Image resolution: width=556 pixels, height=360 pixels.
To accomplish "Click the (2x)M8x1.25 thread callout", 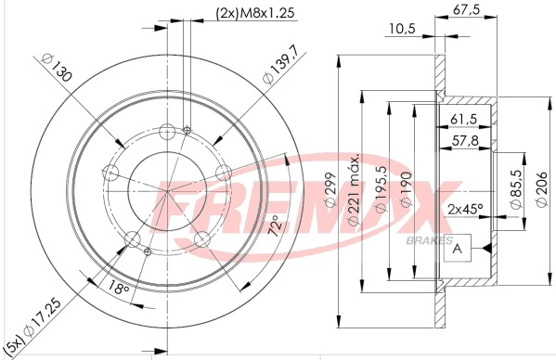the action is [x=255, y=13].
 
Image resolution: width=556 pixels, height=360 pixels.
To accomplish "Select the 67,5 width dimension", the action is [x=466, y=9].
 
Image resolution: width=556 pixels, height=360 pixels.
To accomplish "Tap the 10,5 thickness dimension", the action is [x=402, y=29].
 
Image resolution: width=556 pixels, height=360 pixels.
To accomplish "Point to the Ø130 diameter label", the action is [x=57, y=68].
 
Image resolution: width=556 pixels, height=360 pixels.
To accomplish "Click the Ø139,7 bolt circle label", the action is [x=280, y=66].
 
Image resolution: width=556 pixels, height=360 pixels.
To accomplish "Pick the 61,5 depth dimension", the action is [x=464, y=120].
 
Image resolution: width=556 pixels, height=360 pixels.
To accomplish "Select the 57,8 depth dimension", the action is [x=465, y=141].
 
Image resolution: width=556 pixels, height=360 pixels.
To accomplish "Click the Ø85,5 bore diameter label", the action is [x=516, y=188].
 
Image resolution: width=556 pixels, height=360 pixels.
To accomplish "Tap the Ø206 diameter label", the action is [x=542, y=189].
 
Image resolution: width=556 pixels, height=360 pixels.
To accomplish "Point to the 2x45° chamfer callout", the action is [x=466, y=209].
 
